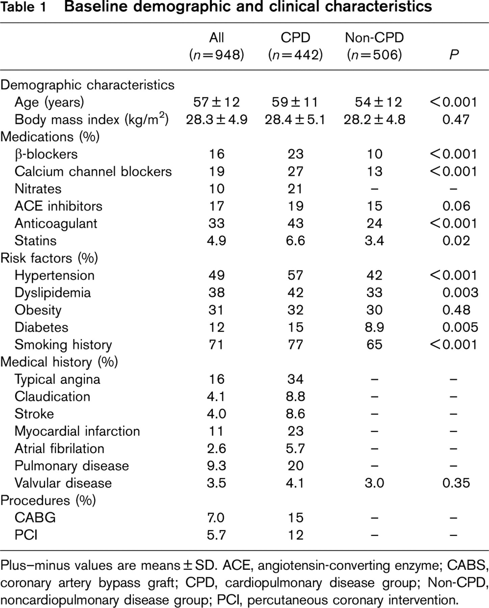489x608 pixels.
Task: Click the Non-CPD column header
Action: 375,46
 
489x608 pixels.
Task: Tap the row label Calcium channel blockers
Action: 93,171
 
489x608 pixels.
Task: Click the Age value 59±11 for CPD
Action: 295,102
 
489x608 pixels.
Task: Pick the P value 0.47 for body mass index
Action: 456,119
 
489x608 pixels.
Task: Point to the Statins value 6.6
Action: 295,240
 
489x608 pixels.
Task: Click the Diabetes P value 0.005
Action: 460,327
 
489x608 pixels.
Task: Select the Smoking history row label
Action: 63,345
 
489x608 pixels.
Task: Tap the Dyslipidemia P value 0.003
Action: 460,293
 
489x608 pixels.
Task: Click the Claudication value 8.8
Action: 295,396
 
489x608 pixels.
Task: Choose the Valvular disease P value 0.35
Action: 456,483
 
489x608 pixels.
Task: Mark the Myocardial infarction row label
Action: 77,431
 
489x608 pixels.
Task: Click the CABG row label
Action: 35,517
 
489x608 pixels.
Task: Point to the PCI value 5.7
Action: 216,535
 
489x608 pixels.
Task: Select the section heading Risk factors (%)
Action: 49,258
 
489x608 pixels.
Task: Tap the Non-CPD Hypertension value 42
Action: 375,275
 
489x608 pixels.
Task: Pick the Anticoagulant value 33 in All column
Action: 216,223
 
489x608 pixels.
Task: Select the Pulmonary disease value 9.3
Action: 216,465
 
